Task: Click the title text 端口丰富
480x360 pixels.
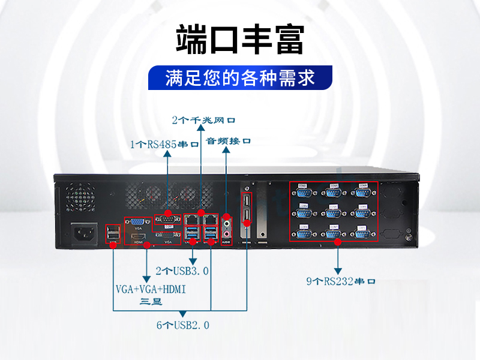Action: pos(240,40)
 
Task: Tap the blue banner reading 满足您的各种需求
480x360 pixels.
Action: pos(240,78)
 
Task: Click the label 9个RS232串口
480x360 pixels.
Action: pos(341,280)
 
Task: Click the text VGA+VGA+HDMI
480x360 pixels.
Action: pos(151,289)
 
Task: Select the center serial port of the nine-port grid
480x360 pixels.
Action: pos(333,212)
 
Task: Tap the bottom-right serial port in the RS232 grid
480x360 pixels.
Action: pos(362,232)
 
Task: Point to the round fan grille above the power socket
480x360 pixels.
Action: pos(77,194)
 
